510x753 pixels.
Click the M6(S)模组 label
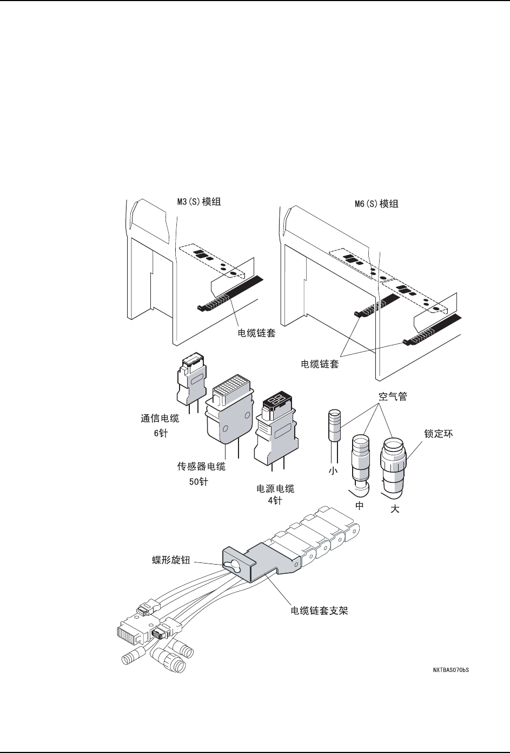[x=373, y=205]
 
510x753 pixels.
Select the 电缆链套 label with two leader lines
[x=320, y=364]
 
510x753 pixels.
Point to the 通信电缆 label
[x=160, y=418]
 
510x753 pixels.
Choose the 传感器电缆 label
[x=202, y=466]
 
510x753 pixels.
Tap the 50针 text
[x=198, y=482]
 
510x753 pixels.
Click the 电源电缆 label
[x=275, y=488]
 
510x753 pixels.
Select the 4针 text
[x=275, y=501]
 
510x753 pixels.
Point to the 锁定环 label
[x=438, y=434]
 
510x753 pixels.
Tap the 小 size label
[x=333, y=471]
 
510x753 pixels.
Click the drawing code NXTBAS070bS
[x=451, y=670]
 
